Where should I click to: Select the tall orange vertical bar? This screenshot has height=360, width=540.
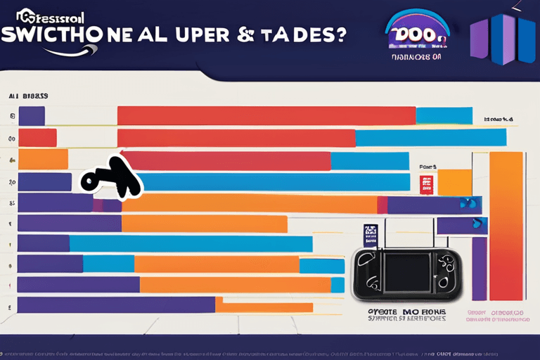[506, 225]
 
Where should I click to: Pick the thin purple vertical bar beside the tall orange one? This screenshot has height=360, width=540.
[479, 267]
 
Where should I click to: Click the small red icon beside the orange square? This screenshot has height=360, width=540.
[426, 185]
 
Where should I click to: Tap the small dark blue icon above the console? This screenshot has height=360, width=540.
[371, 234]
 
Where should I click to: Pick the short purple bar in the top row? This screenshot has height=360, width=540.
[32, 116]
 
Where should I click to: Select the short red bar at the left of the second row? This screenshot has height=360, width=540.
[37, 138]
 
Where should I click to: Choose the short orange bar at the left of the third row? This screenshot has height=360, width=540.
[43, 160]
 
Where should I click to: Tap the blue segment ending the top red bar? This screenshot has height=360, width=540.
[444, 115]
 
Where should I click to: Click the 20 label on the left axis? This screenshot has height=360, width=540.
[12, 182]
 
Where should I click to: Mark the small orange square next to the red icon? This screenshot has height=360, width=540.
[454, 182]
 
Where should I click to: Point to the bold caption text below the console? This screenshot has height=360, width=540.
[406, 314]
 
